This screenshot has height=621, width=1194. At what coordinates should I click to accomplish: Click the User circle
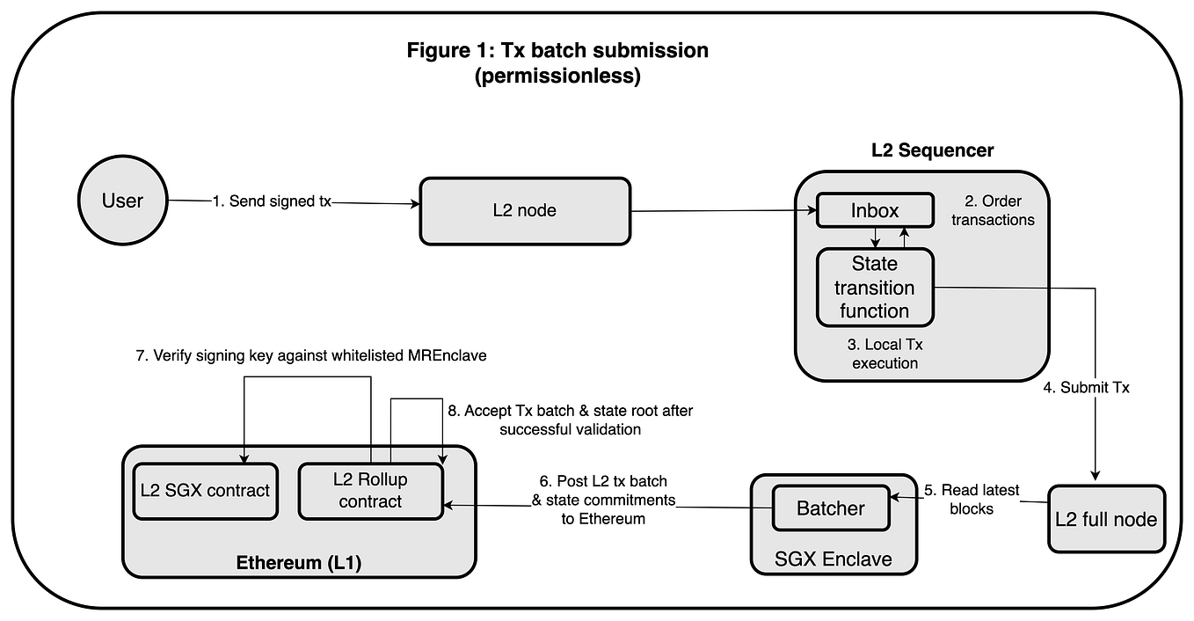[x=122, y=201]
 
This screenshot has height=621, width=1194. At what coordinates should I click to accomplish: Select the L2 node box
[x=525, y=211]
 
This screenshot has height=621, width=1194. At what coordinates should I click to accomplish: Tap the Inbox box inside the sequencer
[x=875, y=210]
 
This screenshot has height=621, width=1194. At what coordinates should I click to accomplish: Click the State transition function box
[x=875, y=288]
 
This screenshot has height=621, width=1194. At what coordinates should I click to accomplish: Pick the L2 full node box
[x=1106, y=519]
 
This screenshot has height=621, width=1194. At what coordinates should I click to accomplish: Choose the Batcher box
[x=831, y=508]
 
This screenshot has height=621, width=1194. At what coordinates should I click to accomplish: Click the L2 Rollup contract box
[x=370, y=491]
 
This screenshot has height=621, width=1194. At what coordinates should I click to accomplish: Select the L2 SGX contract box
[x=205, y=491]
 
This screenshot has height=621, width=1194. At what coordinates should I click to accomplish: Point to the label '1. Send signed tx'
[x=272, y=201]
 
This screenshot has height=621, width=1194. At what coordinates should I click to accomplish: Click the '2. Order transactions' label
[x=993, y=210]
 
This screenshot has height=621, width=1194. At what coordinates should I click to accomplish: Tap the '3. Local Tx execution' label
[x=885, y=354]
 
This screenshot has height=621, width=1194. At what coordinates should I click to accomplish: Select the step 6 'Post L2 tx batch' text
[x=603, y=500]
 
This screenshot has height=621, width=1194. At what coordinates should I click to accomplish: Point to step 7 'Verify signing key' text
[x=320, y=355]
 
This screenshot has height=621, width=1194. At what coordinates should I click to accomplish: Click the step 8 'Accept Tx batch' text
[x=570, y=420]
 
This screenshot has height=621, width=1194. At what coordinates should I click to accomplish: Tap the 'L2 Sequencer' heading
[x=932, y=150]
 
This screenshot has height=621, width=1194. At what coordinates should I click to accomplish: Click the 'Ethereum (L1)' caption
[x=299, y=562]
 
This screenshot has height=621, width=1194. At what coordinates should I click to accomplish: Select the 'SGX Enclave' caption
[x=832, y=559]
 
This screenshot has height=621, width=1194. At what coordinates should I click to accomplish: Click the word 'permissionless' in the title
[x=557, y=77]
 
